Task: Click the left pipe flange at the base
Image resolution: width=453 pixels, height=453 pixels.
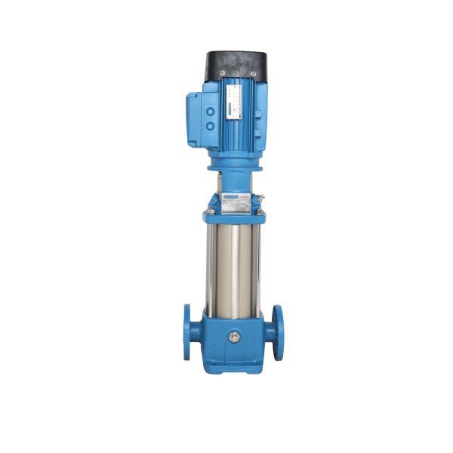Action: [x=186, y=331]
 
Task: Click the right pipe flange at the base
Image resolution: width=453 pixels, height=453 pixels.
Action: [x=277, y=331]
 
